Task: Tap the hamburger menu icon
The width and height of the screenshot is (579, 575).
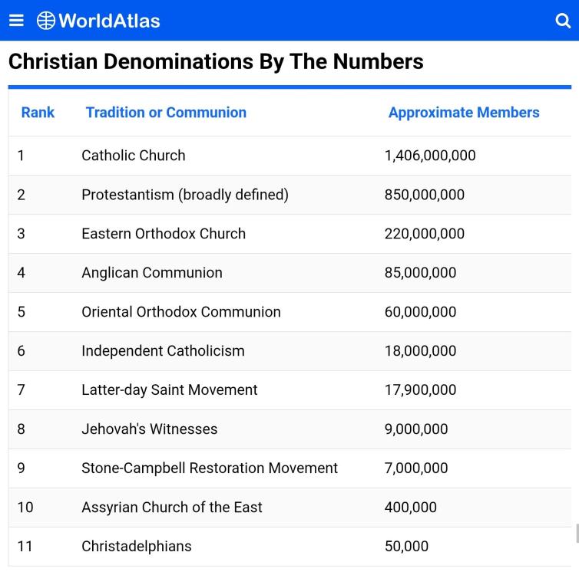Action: tap(16, 20)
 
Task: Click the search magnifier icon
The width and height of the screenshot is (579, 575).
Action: tap(563, 21)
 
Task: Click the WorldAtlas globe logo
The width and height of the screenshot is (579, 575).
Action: tap(46, 21)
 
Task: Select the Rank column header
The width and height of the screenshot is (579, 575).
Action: tap(38, 113)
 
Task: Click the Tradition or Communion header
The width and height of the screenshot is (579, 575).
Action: tap(166, 113)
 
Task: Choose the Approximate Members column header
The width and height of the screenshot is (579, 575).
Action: tap(464, 113)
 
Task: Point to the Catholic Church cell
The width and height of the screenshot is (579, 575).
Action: tap(134, 156)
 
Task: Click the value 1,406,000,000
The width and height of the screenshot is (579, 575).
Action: tap(430, 156)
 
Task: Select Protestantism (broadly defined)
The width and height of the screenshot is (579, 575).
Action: tap(185, 195)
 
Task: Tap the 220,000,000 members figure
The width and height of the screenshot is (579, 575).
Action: tap(425, 234)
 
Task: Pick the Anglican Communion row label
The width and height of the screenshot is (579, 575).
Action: tap(152, 273)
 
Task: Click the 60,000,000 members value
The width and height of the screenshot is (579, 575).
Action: tap(420, 312)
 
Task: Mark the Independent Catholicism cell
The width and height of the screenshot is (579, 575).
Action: tap(164, 351)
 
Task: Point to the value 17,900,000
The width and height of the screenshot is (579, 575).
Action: tap(420, 390)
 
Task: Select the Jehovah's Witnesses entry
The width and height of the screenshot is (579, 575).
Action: tap(150, 429)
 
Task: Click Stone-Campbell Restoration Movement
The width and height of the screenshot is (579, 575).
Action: tap(210, 468)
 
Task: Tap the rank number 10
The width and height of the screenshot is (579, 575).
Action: tap(25, 508)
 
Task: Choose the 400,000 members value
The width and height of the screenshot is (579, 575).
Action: tap(411, 508)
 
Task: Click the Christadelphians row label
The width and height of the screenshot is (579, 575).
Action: tap(137, 546)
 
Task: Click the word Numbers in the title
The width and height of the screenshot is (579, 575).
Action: tap(378, 61)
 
